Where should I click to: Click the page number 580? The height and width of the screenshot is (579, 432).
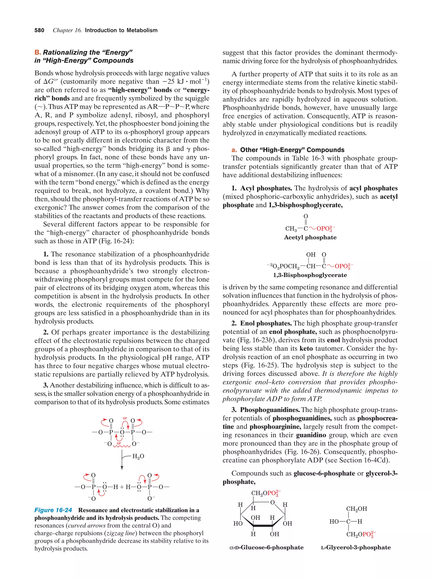click(39, 30)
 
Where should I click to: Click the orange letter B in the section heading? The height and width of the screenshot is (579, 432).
click(37, 52)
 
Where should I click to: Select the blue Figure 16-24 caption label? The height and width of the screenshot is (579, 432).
click(53, 510)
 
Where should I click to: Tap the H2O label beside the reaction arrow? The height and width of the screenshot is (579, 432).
click(138, 456)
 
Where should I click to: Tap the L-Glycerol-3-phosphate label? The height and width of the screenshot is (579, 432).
click(356, 547)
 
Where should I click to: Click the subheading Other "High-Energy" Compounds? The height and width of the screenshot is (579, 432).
click(292, 150)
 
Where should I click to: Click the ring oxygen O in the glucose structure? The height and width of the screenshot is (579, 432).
click(272, 502)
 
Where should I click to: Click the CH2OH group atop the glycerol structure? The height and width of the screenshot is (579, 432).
click(356, 509)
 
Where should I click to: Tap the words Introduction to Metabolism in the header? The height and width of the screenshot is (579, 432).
click(121, 30)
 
